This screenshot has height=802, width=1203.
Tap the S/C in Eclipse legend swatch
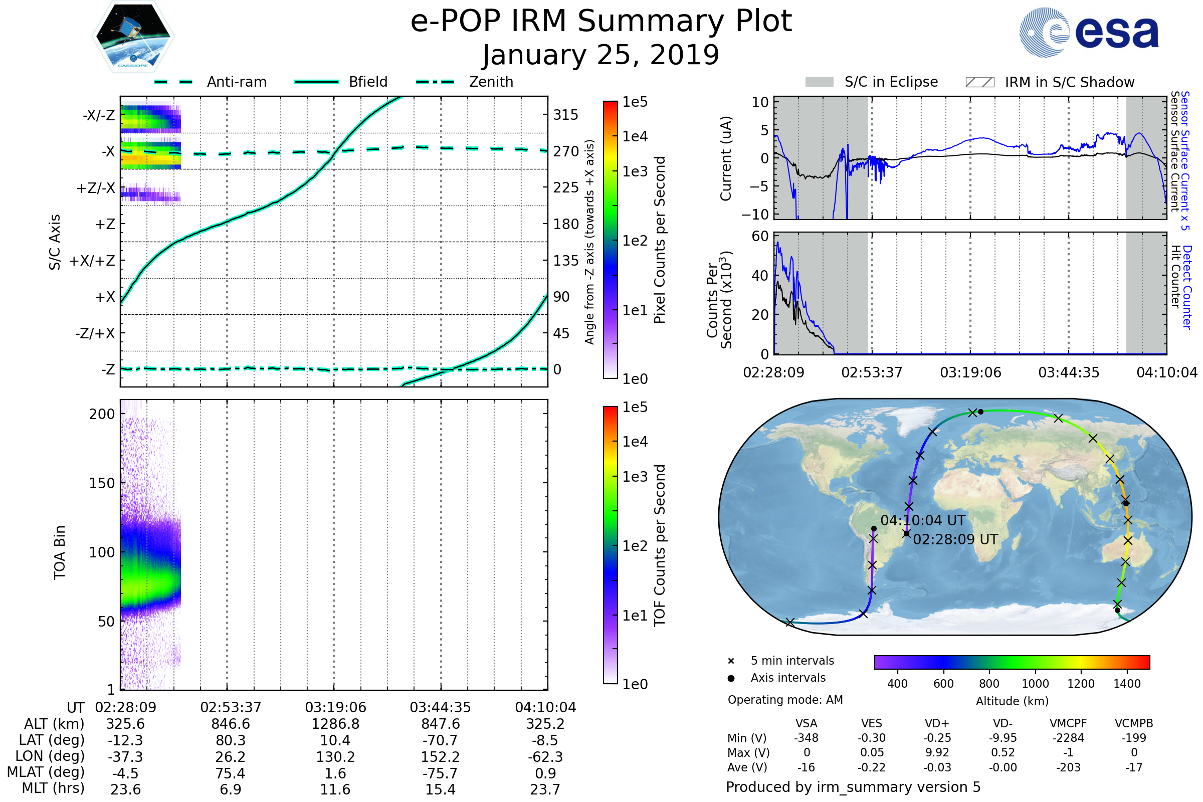pyautogui.click(x=820, y=82)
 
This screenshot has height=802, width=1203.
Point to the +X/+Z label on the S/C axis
pyautogui.click(x=92, y=261)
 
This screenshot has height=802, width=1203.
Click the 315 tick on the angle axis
pyautogui.click(x=566, y=115)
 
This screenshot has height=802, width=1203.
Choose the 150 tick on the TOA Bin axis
pyautogui.click(x=102, y=483)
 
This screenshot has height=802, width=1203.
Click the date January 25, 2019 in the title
pyautogui.click(x=601, y=55)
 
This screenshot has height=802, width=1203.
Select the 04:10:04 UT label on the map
pyautogui.click(x=923, y=521)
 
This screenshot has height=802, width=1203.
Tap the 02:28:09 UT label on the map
pyautogui.click(x=955, y=540)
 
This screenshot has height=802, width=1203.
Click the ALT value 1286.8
pyautogui.click(x=335, y=724)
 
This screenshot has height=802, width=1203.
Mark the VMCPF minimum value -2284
pyautogui.click(x=1068, y=738)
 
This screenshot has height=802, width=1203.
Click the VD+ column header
pyautogui.click(x=937, y=724)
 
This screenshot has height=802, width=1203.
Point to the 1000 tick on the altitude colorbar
pyautogui.click(x=1035, y=684)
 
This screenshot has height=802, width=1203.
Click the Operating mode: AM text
pyautogui.click(x=785, y=700)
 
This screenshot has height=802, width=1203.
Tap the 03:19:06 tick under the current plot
pyautogui.click(x=970, y=372)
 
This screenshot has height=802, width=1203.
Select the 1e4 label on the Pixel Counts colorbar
pyautogui.click(x=635, y=136)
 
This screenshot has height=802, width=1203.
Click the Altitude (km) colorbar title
pyautogui.click(x=1012, y=701)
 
